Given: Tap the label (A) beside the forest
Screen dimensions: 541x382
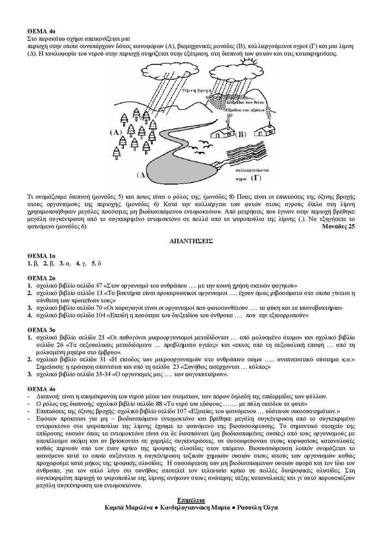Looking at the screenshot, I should point(116,133).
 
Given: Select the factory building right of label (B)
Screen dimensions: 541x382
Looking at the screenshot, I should point(263,130).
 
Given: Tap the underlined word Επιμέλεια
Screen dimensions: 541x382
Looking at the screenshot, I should point(190,499).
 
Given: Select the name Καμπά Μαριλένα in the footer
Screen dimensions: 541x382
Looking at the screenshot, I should point(128,507).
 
